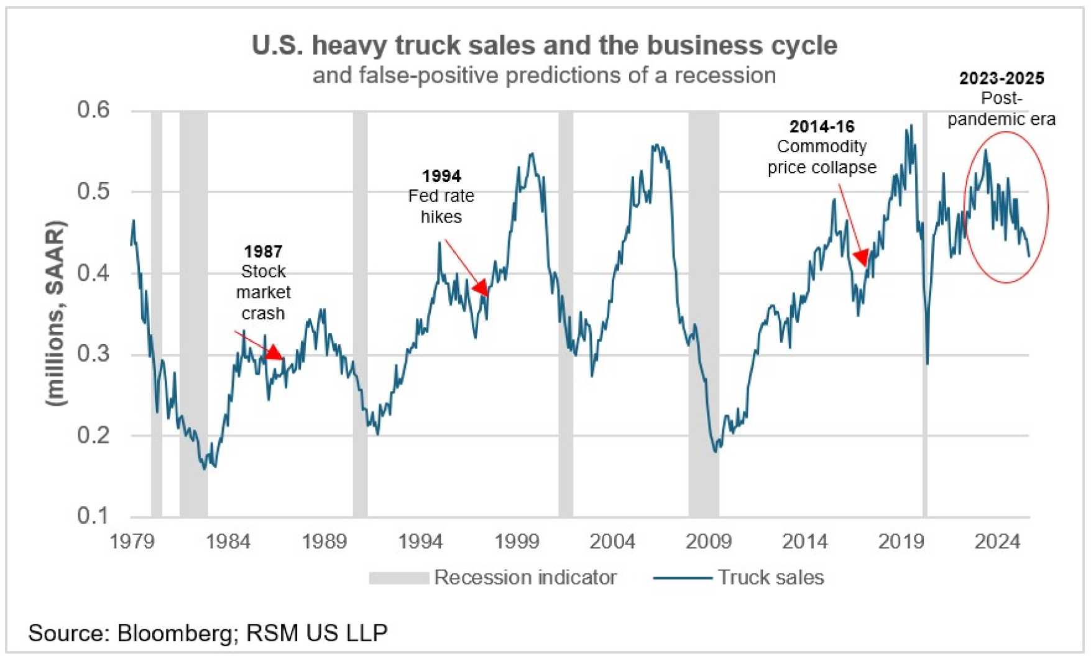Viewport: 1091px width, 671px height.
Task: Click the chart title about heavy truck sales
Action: point(544,45)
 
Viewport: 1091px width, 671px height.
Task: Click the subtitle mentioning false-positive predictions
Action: point(544,75)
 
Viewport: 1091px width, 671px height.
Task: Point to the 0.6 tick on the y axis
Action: point(93,110)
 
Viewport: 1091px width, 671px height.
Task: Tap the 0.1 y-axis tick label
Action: point(93,516)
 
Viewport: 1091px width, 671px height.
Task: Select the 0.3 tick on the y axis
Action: point(93,354)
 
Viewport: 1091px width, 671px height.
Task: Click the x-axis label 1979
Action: point(132,542)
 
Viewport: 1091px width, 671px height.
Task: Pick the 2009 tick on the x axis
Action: point(709,542)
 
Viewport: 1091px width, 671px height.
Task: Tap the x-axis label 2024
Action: point(997,542)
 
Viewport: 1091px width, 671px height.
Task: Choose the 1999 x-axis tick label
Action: point(517,542)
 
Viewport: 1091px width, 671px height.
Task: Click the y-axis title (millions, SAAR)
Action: point(56,314)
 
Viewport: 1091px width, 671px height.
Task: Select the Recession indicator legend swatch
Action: point(398,578)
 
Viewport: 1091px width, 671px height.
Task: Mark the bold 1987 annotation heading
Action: point(263,251)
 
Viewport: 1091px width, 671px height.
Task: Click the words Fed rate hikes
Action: point(441,206)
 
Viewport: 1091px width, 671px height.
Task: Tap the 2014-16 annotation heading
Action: point(822,127)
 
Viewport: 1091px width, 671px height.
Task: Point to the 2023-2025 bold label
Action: point(1001,78)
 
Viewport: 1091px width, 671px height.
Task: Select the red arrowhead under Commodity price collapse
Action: point(862,257)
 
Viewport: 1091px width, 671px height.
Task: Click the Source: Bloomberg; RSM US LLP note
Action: point(208,633)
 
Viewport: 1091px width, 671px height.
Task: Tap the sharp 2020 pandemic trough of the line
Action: point(928,363)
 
